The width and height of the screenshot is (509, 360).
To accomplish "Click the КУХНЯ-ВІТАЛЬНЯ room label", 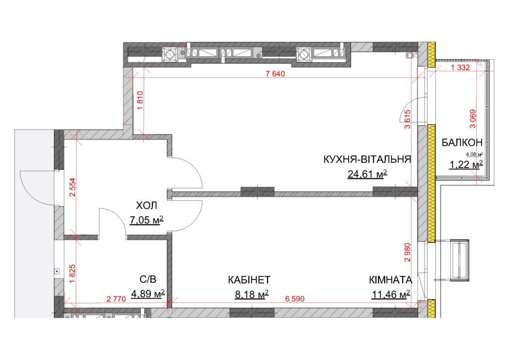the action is pos(367,160).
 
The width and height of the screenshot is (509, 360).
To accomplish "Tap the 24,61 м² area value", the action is pos(367,175).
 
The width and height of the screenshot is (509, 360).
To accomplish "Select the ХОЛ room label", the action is pos(146,205).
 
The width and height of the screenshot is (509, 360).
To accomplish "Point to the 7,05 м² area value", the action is pos(146,220).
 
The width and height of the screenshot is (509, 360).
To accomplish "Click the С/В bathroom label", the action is pos(148,279).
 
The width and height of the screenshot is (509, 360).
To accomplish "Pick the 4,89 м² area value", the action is pos(148,294).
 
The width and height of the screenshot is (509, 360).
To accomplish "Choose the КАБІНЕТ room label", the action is pos(249,280).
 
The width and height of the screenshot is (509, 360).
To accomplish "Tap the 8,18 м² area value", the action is pos(252,294).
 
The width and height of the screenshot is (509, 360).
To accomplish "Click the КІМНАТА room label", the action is pos(391,280).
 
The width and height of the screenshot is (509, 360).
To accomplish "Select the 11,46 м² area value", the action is pos(391,294).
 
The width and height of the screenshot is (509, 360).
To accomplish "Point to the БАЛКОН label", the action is pos(462,142).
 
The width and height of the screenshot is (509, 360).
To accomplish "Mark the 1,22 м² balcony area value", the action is pos(466,165).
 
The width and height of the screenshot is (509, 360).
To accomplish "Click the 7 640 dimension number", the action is pos(275,74).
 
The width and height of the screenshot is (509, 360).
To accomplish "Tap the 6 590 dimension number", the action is pos(295,299).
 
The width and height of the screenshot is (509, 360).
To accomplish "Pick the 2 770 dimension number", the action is pos(116,299).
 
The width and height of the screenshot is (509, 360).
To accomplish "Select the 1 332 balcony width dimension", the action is pos(460,68).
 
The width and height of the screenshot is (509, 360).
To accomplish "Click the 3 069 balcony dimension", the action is pos(473,119).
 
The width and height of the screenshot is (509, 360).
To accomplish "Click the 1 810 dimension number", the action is pos(140,100).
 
